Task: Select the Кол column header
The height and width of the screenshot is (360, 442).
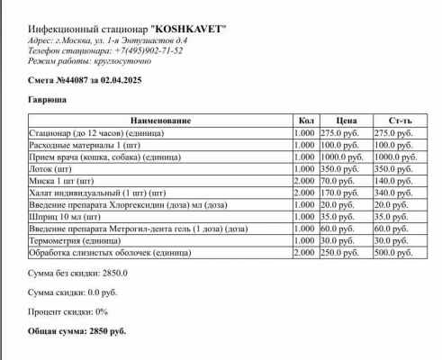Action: click(304, 120)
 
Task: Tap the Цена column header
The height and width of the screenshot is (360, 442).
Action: click(344, 120)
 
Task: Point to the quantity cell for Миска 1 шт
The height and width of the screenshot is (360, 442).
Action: click(304, 180)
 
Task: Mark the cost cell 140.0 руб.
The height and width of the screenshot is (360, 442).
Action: click(392, 180)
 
